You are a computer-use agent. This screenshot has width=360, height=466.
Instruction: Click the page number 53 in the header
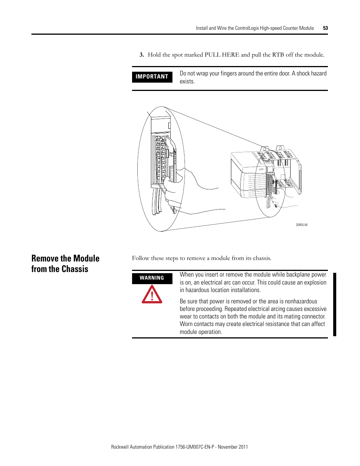(x=325, y=28)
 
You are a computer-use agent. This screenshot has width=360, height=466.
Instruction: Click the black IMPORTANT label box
(x=152, y=77)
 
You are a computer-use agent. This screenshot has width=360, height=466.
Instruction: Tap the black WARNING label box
(x=152, y=278)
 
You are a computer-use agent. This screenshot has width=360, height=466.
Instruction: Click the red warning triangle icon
(x=152, y=295)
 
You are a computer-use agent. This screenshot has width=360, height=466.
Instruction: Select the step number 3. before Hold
(x=142, y=55)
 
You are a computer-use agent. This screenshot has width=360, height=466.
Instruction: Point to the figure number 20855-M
(x=301, y=225)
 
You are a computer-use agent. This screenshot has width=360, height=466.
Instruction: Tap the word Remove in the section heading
(x=46, y=258)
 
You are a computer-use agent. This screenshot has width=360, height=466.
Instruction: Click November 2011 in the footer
(x=233, y=447)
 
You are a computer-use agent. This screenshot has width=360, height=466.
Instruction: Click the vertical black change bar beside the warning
(x=334, y=304)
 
